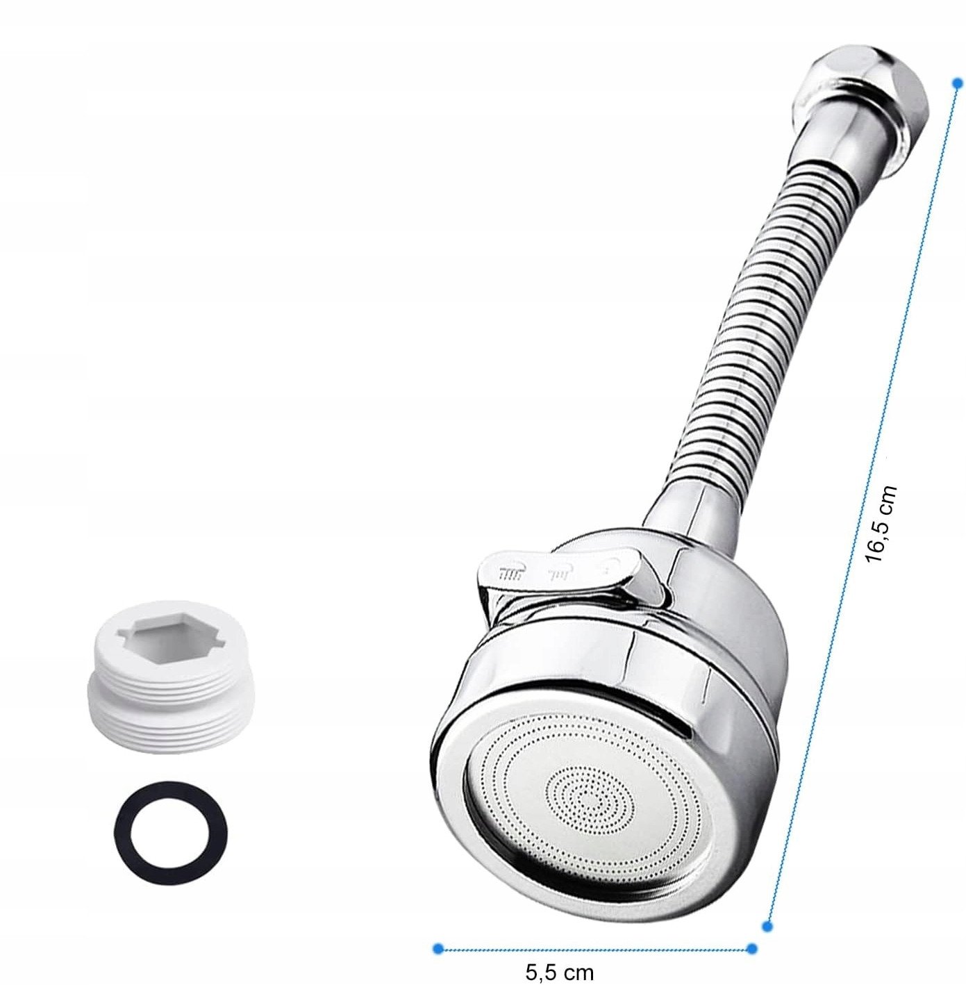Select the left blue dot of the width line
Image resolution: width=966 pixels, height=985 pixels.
438,934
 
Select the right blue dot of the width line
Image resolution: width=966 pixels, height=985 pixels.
751,934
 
